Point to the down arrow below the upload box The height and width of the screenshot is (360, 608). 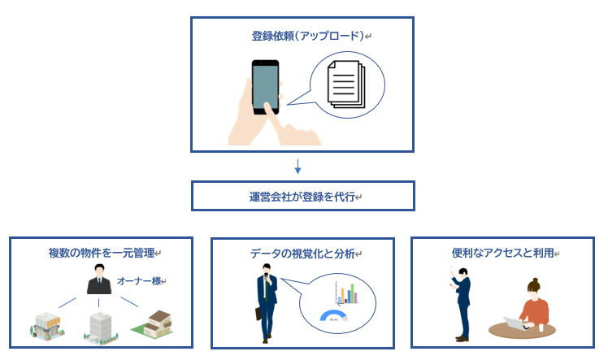click(298, 167)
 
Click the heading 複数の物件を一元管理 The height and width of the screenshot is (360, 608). click(100, 253)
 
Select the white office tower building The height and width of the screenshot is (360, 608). click(99, 325)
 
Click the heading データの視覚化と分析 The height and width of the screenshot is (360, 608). click(302, 254)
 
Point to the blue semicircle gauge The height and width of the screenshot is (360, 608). click(333, 315)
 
